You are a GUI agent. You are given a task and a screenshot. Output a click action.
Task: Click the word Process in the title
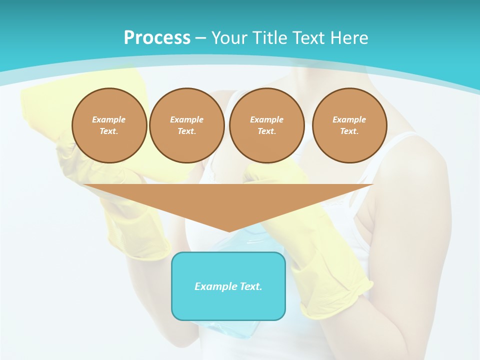(x=157, y=38)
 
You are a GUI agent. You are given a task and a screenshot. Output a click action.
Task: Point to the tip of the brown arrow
(x=229, y=231)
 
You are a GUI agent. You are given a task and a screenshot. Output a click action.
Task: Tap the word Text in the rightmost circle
(x=349, y=131)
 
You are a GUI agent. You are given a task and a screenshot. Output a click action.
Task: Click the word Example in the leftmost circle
(x=109, y=119)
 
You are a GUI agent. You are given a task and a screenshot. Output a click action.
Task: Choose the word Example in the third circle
(x=267, y=119)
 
